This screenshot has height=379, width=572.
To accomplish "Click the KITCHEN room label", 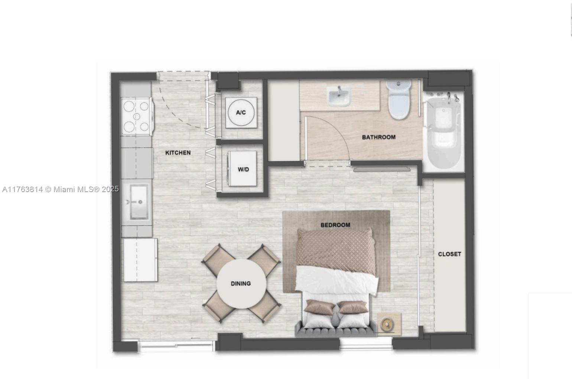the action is point(178,153).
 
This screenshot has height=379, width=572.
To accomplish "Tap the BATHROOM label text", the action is point(379,137).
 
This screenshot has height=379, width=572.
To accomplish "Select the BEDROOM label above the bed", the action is point(335,225).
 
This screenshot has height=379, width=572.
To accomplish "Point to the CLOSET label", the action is point(449,254).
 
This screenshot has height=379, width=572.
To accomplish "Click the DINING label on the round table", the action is point(241,284).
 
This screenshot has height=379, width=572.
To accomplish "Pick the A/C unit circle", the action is point(241,113).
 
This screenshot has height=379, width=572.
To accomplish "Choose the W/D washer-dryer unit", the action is point(242,169).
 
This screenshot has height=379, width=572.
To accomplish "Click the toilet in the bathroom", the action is point(398,100).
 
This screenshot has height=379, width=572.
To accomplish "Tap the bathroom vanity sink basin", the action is point(339,96).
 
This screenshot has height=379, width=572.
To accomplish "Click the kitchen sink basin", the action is point(139,202).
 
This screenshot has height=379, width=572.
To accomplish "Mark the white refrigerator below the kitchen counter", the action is point(140,260).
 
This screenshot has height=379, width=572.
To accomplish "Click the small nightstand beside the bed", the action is point(389,324).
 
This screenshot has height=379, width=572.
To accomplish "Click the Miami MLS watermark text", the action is point(60,189).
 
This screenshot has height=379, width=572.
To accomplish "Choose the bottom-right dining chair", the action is point(264,307).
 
